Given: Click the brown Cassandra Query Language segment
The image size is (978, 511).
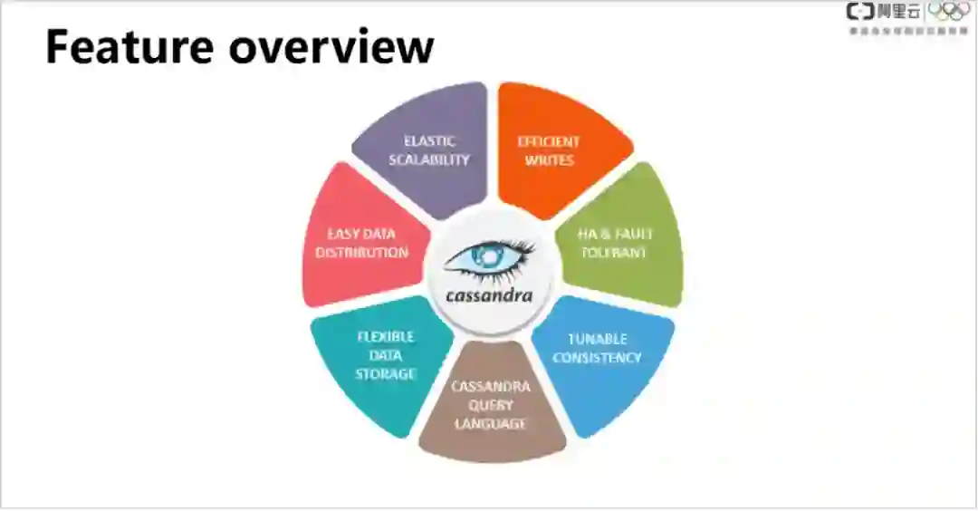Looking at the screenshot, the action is [x=491, y=408].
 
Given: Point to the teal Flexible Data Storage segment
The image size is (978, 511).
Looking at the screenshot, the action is [x=380, y=358].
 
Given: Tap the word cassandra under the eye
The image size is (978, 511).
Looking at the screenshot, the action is [x=489, y=295].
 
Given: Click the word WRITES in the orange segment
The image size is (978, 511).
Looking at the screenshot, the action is [x=549, y=160].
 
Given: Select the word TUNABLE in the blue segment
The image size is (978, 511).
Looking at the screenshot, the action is [x=598, y=339].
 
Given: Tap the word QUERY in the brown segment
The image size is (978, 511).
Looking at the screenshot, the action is [x=491, y=405].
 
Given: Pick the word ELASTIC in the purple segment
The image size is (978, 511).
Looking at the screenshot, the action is [x=429, y=141].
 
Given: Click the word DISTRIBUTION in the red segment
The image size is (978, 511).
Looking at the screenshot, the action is [x=361, y=253].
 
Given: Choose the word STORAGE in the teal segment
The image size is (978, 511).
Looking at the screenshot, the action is [x=386, y=373].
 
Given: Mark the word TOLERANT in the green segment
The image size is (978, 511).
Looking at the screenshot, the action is [x=614, y=253].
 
